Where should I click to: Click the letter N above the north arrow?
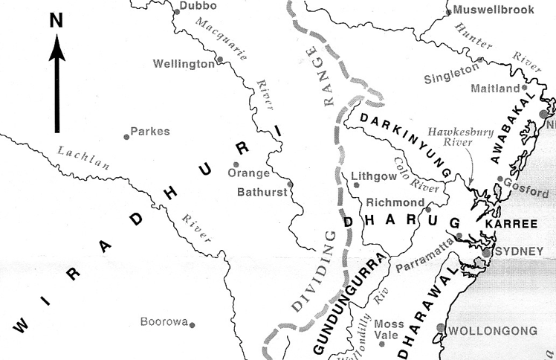click(x=56, y=22)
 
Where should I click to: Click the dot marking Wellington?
click(x=219, y=60)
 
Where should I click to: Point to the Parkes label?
click(x=150, y=132)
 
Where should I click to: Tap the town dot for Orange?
click(x=236, y=164)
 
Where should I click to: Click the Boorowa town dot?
click(x=192, y=324)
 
